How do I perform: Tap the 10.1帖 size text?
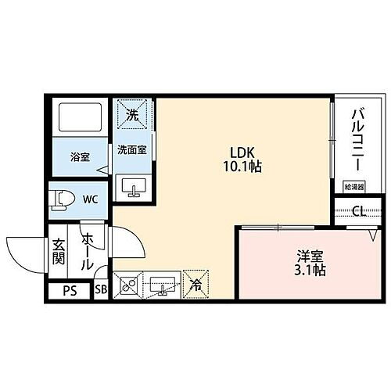click(241, 167)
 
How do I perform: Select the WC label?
click(90, 199)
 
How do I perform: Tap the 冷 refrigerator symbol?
click(196, 285)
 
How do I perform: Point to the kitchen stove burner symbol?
click(127, 285)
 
